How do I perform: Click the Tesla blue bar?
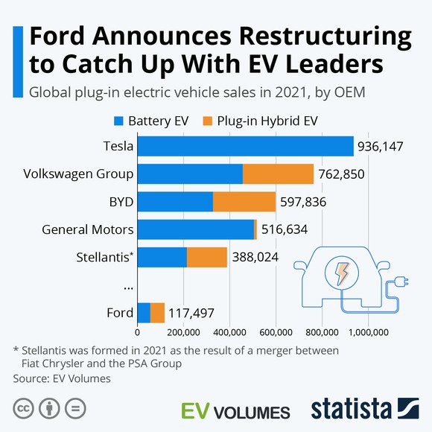(x=245, y=147)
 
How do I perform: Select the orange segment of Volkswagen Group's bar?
(x=278, y=174)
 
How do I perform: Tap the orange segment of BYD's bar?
(x=244, y=202)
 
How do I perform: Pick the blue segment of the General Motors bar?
(x=195, y=229)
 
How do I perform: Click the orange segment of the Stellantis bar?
(x=206, y=257)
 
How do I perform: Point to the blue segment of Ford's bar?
(x=144, y=312)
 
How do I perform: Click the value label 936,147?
(x=380, y=147)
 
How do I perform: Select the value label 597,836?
(x=303, y=202)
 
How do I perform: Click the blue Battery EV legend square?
(x=118, y=121)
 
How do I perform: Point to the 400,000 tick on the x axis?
(x=230, y=332)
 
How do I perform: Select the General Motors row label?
(x=88, y=229)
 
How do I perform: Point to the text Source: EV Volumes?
(x=62, y=378)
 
